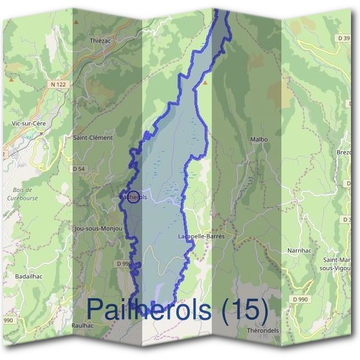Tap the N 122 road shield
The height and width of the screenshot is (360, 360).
click(x=58, y=85)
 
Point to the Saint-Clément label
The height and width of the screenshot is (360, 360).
click(x=92, y=137)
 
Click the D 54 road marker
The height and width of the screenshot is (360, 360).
click(x=79, y=169)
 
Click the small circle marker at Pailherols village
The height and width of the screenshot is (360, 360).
click(x=134, y=197)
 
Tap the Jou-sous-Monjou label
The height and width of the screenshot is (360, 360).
click(x=96, y=229)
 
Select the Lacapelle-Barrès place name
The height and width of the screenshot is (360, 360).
click(x=201, y=236)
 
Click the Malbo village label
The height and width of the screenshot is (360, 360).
click(x=259, y=139)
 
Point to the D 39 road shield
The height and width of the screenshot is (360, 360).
click(x=344, y=38)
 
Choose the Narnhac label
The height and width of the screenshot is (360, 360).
click(x=298, y=249)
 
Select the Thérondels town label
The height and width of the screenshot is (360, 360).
click(x=263, y=331)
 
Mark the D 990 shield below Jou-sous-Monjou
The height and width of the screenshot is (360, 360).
click(x=124, y=263)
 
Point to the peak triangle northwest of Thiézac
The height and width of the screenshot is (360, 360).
click(x=76, y=22)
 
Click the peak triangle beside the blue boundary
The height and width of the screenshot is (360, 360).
click(x=206, y=83)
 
